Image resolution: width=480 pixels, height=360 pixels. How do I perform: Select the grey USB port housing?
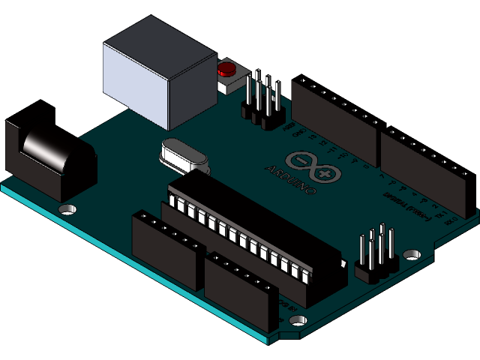pyautogui.click(x=159, y=79)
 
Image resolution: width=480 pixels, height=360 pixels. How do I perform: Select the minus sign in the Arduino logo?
pyautogui.click(x=303, y=161)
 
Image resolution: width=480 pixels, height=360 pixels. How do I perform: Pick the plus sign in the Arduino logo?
pyautogui.click(x=325, y=173)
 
